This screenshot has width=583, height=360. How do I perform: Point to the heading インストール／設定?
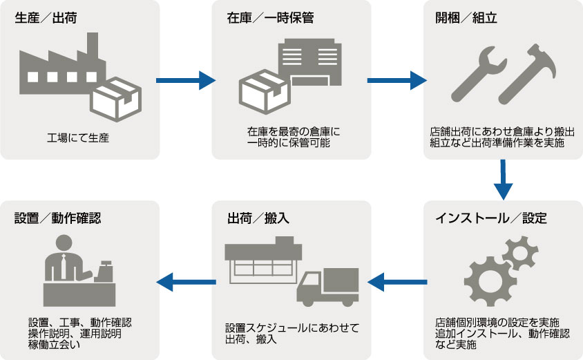491,218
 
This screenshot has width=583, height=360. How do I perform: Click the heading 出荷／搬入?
258,218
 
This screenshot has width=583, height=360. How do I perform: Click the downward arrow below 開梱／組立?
504,178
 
